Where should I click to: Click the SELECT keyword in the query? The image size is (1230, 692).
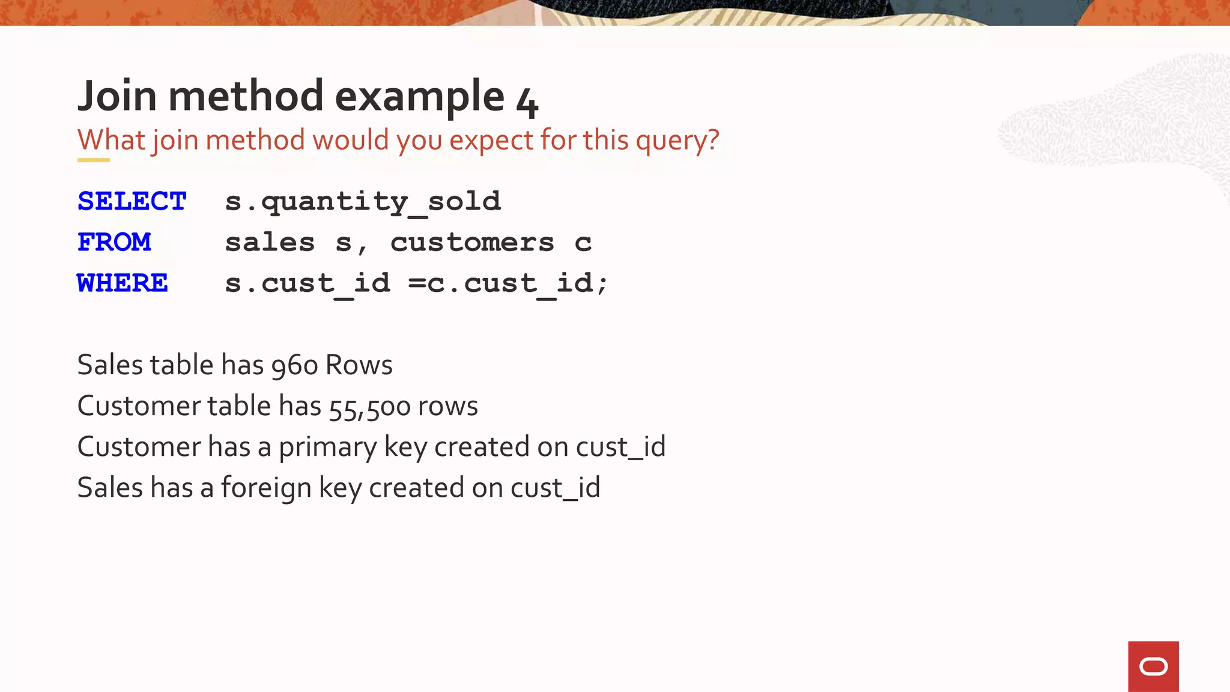[x=132, y=201]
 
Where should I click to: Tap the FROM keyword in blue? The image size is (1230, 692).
[x=114, y=242]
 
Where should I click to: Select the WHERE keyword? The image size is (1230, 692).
[x=123, y=283]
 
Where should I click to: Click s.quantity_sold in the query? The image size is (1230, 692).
[x=363, y=202]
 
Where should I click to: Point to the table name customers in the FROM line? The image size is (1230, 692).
[x=472, y=243]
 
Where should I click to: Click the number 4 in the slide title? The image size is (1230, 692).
[x=527, y=102]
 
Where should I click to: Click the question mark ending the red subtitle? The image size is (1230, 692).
[x=713, y=141]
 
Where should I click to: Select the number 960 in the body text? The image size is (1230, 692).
[x=294, y=366]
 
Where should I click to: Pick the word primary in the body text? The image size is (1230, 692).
[x=327, y=448]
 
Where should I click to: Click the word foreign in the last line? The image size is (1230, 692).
[x=266, y=488]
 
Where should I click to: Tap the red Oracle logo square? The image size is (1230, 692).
[x=1153, y=666]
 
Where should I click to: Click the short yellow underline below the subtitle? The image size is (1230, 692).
[x=93, y=160]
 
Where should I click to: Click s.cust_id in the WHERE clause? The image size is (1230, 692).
[x=307, y=284]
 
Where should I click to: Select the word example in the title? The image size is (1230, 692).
[x=419, y=97]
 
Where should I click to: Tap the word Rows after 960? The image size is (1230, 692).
[x=359, y=365]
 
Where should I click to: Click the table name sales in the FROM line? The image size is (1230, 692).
[x=270, y=243]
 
